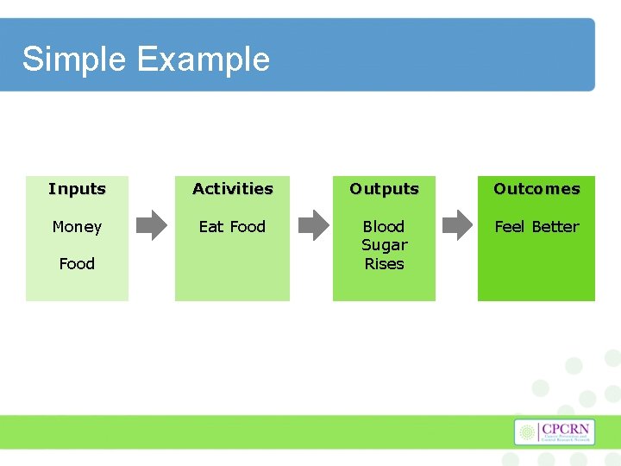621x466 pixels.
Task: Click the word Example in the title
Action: (203, 60)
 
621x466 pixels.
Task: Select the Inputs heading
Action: (77, 188)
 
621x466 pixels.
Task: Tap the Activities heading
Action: (232, 188)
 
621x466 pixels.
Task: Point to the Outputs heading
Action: (384, 188)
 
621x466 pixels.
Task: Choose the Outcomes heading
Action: (536, 188)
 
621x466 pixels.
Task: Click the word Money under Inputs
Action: (77, 226)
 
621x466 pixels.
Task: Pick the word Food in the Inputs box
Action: (77, 263)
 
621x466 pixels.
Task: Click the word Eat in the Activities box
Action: (211, 226)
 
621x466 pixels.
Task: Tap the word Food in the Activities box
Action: (248, 226)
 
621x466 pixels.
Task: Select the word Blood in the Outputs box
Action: (384, 226)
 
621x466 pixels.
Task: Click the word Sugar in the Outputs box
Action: (384, 245)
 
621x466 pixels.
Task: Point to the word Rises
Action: (384, 263)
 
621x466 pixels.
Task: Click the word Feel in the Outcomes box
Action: (509, 226)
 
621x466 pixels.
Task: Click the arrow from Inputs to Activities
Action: (153, 225)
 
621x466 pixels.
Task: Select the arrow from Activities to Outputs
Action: (312, 225)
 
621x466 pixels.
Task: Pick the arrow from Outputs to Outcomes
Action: (457, 225)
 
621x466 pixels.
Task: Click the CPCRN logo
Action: (555, 432)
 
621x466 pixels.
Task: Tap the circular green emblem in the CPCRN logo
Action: (528, 432)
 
